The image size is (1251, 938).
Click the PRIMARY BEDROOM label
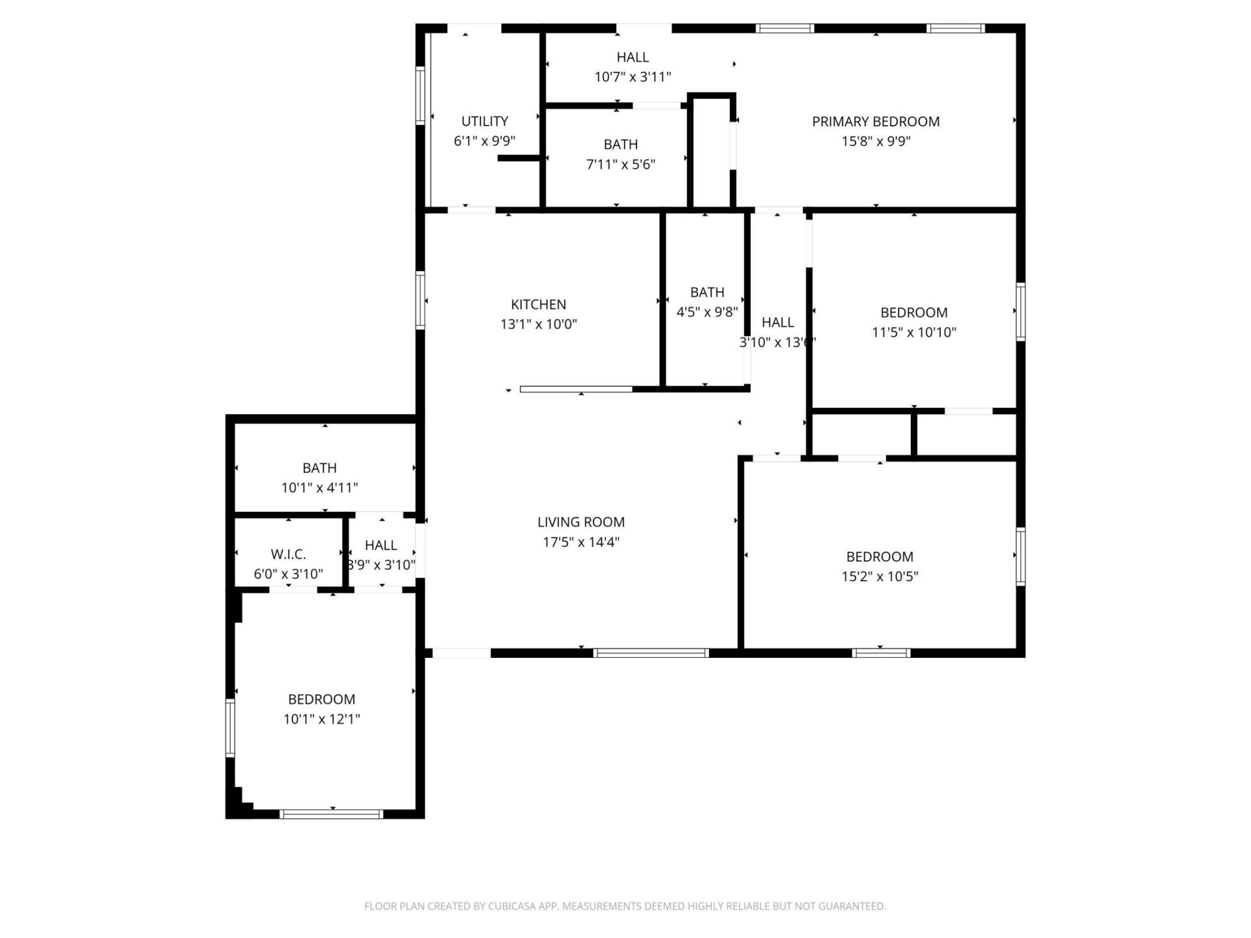(x=875, y=121)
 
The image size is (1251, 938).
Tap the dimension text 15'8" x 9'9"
(x=875, y=141)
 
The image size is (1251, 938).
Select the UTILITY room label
(x=484, y=121)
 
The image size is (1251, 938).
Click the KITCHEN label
(x=538, y=304)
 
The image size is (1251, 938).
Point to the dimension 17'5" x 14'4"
(x=581, y=541)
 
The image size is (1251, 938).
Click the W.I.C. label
(x=288, y=554)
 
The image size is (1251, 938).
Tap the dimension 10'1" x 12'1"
(x=321, y=719)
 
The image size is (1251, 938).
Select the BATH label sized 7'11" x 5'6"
(x=620, y=145)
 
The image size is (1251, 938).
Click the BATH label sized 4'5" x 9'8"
(x=707, y=292)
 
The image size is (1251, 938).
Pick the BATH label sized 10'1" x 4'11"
(x=319, y=468)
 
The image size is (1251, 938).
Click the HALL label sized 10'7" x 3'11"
(x=632, y=57)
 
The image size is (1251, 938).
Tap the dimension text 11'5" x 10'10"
(x=913, y=332)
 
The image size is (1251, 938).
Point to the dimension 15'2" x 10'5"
(x=880, y=576)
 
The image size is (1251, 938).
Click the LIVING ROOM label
(x=581, y=522)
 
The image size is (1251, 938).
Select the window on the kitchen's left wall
(x=420, y=300)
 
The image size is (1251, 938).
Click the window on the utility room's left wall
(x=420, y=96)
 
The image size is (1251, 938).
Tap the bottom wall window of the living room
(x=650, y=653)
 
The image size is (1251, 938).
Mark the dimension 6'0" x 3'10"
(x=288, y=574)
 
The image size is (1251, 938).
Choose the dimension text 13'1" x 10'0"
(x=538, y=324)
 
